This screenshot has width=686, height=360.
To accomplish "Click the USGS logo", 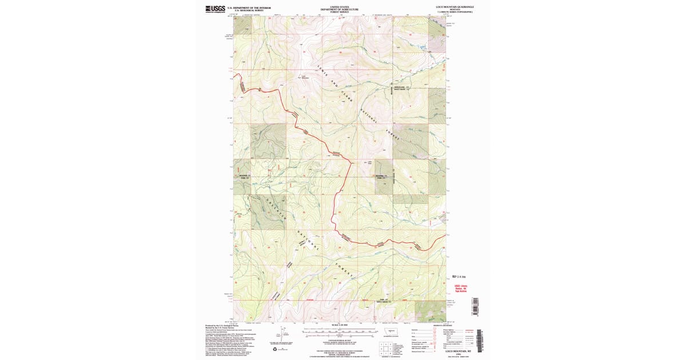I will [215, 9].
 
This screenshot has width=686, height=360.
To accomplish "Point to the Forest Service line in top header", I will [340, 12].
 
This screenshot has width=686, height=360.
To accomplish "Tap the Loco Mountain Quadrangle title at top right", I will [454, 7].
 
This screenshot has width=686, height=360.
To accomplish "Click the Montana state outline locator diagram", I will [392, 331].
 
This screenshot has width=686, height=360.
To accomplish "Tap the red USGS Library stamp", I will [461, 289].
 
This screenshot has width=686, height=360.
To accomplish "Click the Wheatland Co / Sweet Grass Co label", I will [401, 89].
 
